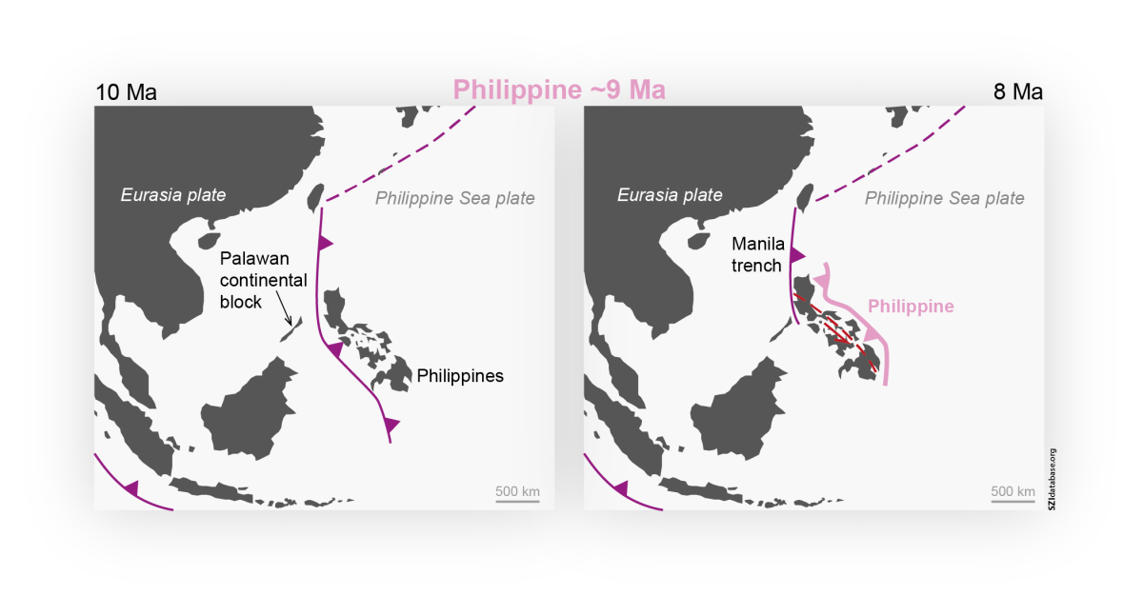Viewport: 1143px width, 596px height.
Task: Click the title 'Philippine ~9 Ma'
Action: (559, 89)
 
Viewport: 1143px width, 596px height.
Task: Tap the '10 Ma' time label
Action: (126, 92)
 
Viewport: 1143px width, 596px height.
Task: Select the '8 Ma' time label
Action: (1013, 92)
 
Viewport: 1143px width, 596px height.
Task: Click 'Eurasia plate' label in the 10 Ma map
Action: (172, 195)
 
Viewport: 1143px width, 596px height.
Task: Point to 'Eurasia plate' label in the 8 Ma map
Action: (670, 195)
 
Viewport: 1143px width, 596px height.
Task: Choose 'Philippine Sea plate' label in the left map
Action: (454, 198)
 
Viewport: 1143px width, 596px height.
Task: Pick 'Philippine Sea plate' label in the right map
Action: (944, 198)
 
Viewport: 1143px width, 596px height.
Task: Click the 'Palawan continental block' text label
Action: (263, 281)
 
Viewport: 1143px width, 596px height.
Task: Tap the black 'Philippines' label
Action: (460, 376)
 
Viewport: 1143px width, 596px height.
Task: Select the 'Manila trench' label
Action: (757, 254)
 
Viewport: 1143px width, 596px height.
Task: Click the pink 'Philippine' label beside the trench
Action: (911, 307)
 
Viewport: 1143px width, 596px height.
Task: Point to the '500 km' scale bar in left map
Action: (517, 493)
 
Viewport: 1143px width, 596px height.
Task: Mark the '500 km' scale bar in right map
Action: (1013, 493)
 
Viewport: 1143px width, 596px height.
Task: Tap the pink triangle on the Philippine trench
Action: (872, 336)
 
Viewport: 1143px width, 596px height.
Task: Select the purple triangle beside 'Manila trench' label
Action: (798, 255)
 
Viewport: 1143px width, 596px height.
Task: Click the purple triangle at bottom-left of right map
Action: (621, 488)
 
